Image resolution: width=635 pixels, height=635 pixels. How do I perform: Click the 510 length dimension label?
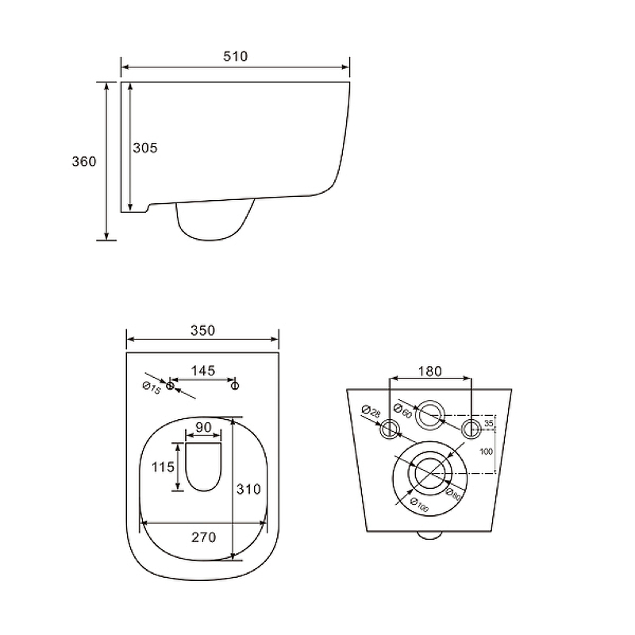[235, 56]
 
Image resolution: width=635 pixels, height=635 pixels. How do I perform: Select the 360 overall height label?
[84, 162]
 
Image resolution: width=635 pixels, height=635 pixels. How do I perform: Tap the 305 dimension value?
[145, 148]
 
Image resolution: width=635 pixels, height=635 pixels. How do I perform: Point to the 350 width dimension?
[203, 330]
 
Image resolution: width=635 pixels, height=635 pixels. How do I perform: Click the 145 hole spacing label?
[203, 371]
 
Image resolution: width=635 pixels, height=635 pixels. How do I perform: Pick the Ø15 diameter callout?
[152, 388]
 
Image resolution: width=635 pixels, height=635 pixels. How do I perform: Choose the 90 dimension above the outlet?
[204, 427]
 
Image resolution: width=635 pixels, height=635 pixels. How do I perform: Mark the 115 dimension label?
[163, 467]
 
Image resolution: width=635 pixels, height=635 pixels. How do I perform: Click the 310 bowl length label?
[248, 489]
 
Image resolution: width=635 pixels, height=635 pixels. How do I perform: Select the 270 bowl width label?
[204, 537]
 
